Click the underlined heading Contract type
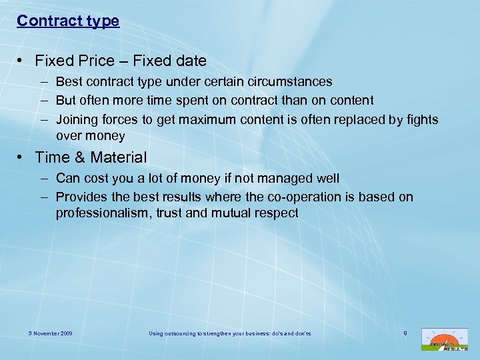68,21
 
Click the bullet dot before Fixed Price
22,61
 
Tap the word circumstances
291,82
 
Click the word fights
421,119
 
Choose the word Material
116,158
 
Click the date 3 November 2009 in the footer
51,333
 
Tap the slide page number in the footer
405,332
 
